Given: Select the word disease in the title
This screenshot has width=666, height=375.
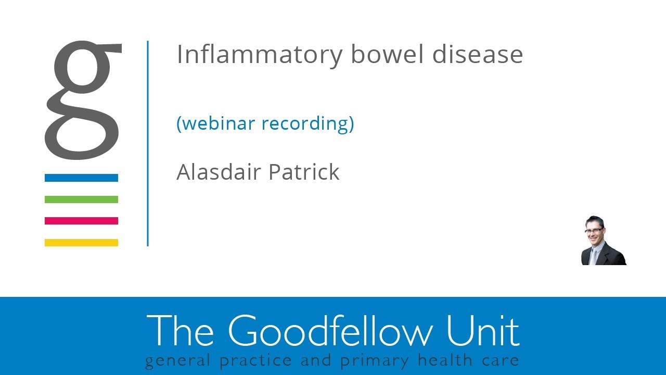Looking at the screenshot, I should [x=477, y=55].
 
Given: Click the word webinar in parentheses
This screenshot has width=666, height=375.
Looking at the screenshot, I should [x=216, y=123].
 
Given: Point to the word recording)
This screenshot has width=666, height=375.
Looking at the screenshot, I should [x=308, y=123].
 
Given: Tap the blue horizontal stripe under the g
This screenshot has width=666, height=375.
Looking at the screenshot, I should [x=81, y=178].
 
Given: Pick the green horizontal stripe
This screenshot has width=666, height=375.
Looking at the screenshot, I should [x=81, y=199].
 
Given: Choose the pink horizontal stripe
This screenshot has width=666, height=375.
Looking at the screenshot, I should [x=81, y=221].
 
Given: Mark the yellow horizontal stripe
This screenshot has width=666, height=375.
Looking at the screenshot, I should [x=81, y=243].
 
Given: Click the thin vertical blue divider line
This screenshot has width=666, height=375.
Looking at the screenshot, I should [x=148, y=143].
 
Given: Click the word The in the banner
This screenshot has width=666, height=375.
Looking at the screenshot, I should [x=181, y=331].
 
